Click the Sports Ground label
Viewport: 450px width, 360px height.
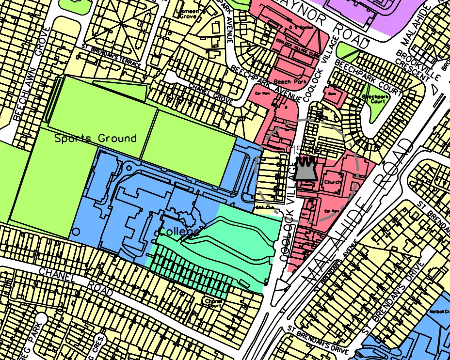click(x=95, y=139)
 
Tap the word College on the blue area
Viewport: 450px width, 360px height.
click(x=179, y=232)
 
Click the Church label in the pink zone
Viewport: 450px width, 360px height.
click(x=333, y=183)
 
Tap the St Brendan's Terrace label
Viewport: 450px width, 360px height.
click(x=111, y=57)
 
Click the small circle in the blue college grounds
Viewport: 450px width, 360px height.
click(x=76, y=232)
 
